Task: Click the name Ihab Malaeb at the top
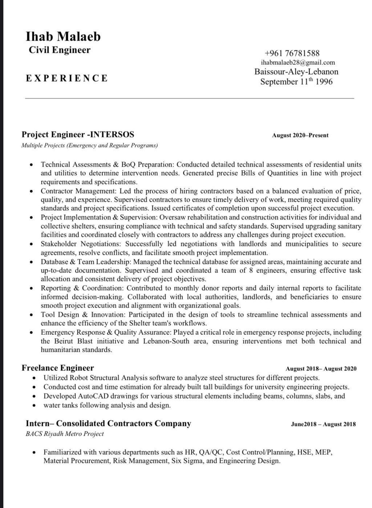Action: click(63, 36)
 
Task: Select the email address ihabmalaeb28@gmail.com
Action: click(298, 63)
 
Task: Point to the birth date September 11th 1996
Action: click(296, 81)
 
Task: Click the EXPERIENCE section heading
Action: click(67, 78)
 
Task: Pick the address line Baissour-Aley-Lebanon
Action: click(296, 72)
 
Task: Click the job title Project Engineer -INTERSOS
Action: click(78, 134)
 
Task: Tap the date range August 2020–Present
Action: click(300, 135)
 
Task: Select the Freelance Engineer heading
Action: click(58, 368)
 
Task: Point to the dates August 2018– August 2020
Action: click(321, 369)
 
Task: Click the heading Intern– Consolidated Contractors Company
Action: click(108, 423)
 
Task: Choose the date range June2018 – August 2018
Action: click(323, 424)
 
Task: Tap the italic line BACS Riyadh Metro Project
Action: click(65, 434)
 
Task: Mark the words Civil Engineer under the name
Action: click(60, 50)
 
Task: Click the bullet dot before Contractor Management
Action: click(32, 191)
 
